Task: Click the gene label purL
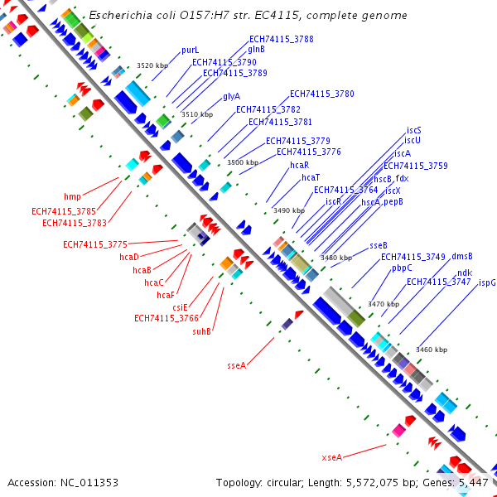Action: click(190, 51)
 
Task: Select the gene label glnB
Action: click(257, 50)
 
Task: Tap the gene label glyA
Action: click(231, 96)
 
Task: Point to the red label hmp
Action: click(73, 197)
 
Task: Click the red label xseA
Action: click(331, 457)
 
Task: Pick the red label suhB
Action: click(202, 331)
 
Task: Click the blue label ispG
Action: click(487, 282)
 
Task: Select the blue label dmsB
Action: click(461, 257)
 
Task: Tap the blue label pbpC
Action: click(402, 268)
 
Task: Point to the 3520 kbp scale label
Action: click(152, 65)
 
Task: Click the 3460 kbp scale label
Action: click(432, 350)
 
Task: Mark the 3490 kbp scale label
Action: click(289, 210)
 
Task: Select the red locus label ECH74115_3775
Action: click(95, 244)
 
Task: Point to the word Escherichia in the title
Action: click(120, 15)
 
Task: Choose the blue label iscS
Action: click(413, 131)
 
